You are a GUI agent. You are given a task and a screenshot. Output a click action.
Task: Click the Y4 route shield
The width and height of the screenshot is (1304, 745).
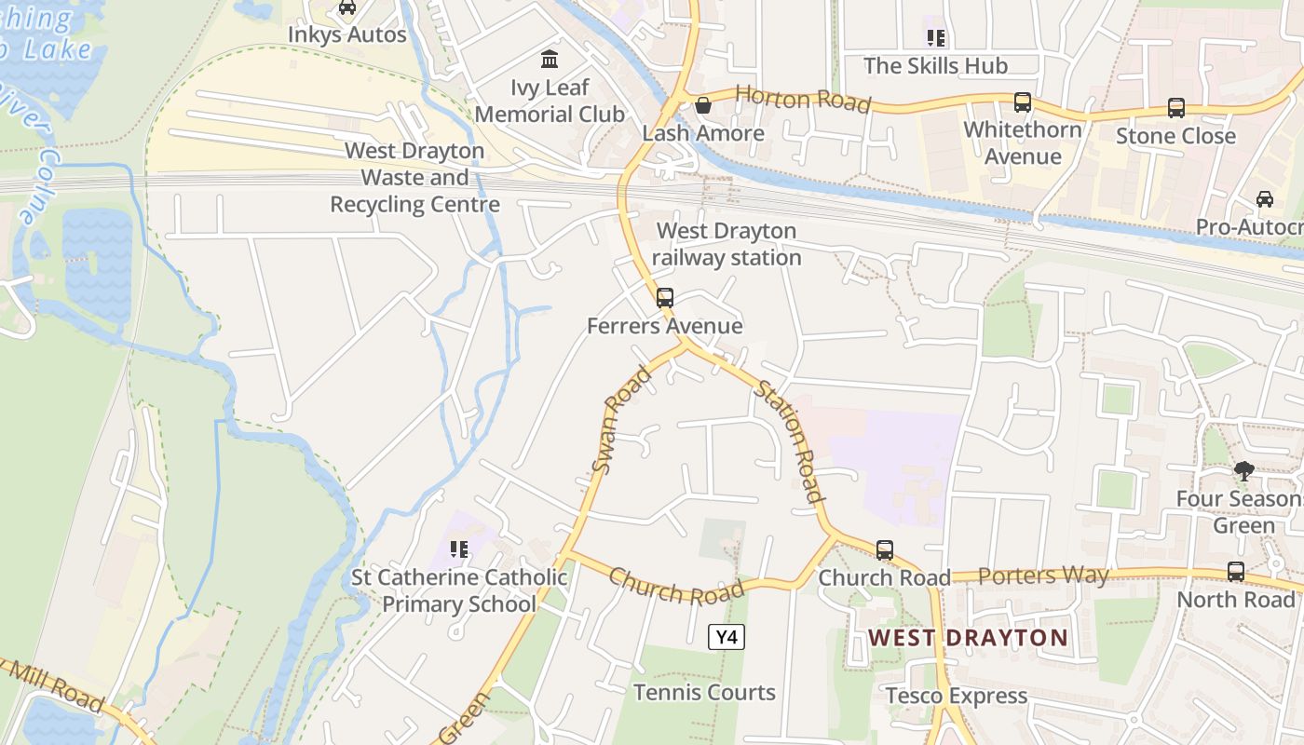[727, 637]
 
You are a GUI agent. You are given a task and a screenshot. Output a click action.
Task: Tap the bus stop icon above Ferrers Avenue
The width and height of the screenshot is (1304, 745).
[665, 298]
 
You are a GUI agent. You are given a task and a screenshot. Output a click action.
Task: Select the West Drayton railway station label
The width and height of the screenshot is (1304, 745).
[727, 244]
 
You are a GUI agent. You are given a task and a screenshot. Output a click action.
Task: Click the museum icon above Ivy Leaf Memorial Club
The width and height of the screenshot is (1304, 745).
[550, 60]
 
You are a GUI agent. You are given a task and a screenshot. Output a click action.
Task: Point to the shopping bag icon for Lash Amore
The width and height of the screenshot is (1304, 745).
[703, 105]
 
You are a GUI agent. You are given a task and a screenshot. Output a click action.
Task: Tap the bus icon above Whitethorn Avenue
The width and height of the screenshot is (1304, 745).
[1023, 102]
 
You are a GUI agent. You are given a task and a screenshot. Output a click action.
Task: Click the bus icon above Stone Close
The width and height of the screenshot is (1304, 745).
[1176, 108]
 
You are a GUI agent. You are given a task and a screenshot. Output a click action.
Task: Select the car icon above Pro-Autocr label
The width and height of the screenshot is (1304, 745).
[1265, 199]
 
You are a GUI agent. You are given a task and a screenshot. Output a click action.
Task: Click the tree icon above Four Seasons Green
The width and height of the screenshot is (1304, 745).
[1243, 471]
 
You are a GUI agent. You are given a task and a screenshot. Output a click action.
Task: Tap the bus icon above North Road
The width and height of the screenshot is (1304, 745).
[1236, 572]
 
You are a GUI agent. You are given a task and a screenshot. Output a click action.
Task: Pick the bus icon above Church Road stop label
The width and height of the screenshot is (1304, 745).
[885, 550]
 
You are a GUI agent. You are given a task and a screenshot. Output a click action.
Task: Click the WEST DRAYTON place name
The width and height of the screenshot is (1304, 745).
[969, 638]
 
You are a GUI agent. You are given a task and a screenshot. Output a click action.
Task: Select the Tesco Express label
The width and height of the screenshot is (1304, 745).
[957, 696]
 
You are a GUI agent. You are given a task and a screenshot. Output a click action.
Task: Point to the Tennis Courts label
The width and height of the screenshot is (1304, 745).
[704, 692]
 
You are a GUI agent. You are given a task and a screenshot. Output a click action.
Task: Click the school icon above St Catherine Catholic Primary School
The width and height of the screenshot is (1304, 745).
[458, 549]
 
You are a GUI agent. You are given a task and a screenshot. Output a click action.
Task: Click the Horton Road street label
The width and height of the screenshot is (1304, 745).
[803, 99]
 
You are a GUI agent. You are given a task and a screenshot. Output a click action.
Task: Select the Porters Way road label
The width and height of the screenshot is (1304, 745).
[1031, 576]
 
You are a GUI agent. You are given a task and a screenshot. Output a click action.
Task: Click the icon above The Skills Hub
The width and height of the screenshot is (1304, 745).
[936, 38]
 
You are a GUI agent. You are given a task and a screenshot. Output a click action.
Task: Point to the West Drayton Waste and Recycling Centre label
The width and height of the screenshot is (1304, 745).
[414, 177]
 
